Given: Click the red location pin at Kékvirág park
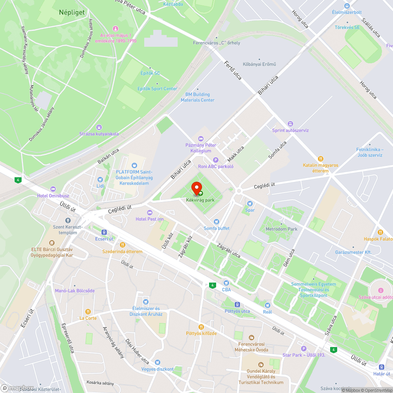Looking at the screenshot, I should pos(196,187).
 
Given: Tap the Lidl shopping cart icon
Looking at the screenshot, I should pos(100,180).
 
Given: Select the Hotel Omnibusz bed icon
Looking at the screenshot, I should pos(53,189).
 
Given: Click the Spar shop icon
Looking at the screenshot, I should pos(250,203).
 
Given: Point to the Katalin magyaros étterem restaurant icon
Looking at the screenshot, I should pos(321,159).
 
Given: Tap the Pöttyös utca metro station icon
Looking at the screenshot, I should pos(237,305).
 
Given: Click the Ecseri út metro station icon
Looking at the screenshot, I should pos(104,232).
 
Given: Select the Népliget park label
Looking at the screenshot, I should pos(72,13).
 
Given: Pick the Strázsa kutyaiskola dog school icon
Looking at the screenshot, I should pos(99,127).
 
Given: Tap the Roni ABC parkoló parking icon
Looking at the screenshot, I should pos(215,160).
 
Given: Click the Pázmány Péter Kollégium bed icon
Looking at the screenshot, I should pos(201,138).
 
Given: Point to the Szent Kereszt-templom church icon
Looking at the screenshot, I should pos(68,220).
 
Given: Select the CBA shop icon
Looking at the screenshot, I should pos(226,283).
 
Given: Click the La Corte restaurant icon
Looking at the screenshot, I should pos(88,312).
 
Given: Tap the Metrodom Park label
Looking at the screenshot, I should pos(281,229).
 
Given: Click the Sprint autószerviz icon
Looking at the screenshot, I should pos(290,124).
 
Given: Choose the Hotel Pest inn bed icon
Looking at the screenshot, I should pos(149,213).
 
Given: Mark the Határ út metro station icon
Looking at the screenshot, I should pos(382,367).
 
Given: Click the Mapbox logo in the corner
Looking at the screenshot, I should pos(18,387).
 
